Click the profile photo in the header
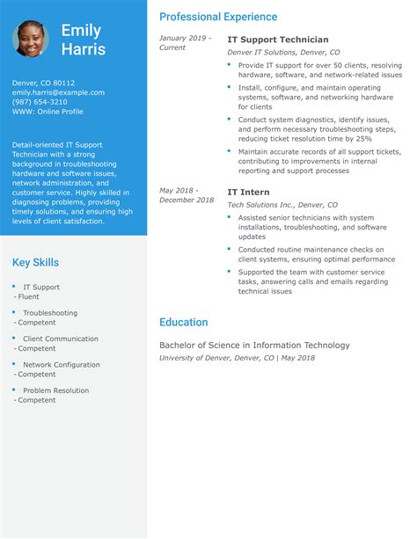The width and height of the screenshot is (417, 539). click(x=30, y=40)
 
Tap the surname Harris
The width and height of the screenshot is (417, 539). click(x=84, y=49)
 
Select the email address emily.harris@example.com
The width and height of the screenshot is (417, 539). click(x=58, y=92)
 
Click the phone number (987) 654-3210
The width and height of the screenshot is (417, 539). click(x=40, y=102)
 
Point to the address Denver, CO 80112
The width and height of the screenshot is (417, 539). click(x=44, y=83)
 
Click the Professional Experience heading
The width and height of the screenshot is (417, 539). click(x=218, y=17)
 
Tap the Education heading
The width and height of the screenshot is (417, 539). click(x=184, y=323)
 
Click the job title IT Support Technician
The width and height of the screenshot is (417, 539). click(x=278, y=40)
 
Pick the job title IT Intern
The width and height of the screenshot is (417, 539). click(x=248, y=192)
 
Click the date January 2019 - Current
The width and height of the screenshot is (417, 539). click(x=185, y=43)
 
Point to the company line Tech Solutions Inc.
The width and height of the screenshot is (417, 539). click(x=282, y=205)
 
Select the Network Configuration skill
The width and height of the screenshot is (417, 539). click(x=62, y=364)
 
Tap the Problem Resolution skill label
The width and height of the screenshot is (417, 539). click(x=56, y=390)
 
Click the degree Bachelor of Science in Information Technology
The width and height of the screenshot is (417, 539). click(x=254, y=346)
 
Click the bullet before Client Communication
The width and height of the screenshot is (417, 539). click(x=13, y=339)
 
